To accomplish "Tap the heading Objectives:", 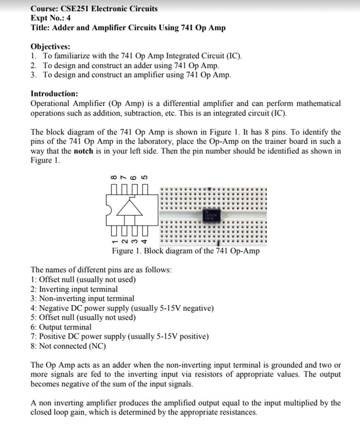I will pyautogui.click(x=50, y=47).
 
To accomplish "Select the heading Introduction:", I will pyautogui.click(x=54, y=93).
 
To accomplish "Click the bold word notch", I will pyautogui.click(x=83, y=151).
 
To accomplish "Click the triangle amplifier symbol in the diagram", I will pyautogui.click(x=129, y=208).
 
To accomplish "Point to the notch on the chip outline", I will pyautogui.click(x=108, y=209).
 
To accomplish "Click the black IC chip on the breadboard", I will pyautogui.click(x=212, y=216).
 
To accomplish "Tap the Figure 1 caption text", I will pyautogui.click(x=186, y=251).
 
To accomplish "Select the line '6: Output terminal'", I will pyautogui.click(x=61, y=327).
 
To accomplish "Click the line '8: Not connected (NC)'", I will pyautogui.click(x=68, y=346).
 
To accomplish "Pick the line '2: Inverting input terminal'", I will pyautogui.click(x=74, y=289).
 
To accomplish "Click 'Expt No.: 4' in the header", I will pyautogui.click(x=51, y=18).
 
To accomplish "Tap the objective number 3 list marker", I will pyautogui.click(x=34, y=75).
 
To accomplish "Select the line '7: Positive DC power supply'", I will pyautogui.click(x=120, y=337).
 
